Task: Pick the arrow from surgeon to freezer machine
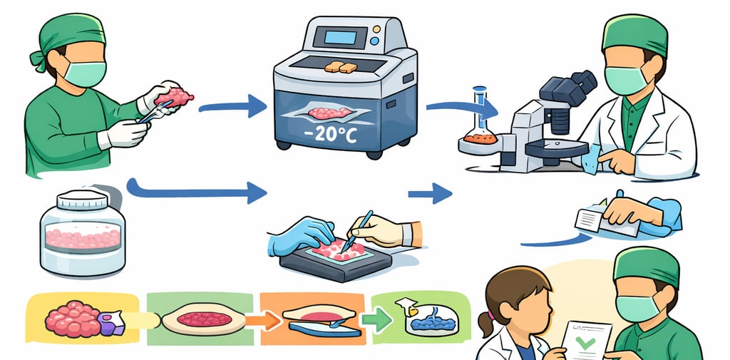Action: point(232,108)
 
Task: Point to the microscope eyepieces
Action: point(576,86)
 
